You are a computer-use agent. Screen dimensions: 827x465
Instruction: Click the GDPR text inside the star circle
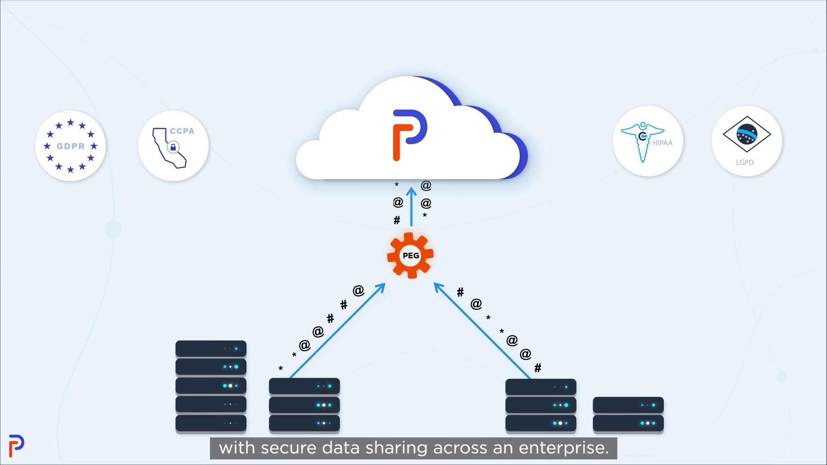coord(71,146)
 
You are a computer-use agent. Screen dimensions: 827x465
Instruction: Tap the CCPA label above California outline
coord(182,131)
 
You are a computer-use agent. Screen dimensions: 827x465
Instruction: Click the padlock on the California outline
coord(173,147)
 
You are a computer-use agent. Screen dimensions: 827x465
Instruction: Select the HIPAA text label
coord(662,143)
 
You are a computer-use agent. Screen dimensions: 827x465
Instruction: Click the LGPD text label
coord(745,162)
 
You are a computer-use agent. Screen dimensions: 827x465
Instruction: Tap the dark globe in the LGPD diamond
coord(747,133)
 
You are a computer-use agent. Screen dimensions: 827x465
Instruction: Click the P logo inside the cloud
coord(410,135)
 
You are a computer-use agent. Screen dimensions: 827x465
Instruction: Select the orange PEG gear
coord(410,255)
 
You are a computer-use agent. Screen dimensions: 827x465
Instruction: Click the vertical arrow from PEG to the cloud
coord(411,207)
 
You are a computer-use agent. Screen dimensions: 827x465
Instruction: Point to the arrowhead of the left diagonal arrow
coord(381,287)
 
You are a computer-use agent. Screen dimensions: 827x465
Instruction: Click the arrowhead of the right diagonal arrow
coord(438,287)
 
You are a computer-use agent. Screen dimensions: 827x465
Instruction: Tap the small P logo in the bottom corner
coord(16,446)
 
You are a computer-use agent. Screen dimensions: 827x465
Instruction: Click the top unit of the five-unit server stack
coord(211,349)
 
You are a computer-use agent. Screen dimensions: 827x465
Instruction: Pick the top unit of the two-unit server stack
coord(628,405)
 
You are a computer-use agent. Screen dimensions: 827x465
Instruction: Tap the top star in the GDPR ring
coord(71,123)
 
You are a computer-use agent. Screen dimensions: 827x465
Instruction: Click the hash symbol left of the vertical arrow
coord(397,220)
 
